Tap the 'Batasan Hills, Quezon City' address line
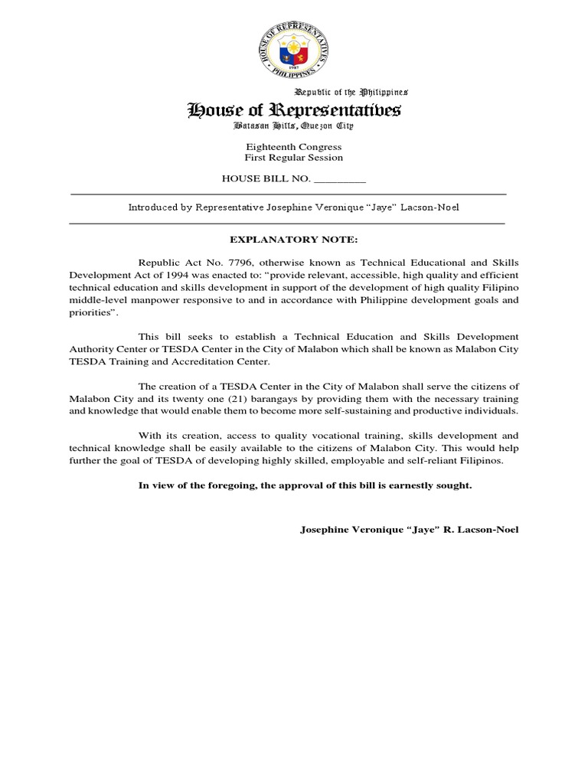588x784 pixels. pos(294,127)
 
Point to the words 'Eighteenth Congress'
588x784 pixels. pos(294,146)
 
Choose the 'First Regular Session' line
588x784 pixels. pos(294,158)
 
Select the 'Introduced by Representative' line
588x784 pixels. pos(294,207)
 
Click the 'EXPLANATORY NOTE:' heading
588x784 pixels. pos(294,240)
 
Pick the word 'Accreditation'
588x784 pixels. pos(202,361)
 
